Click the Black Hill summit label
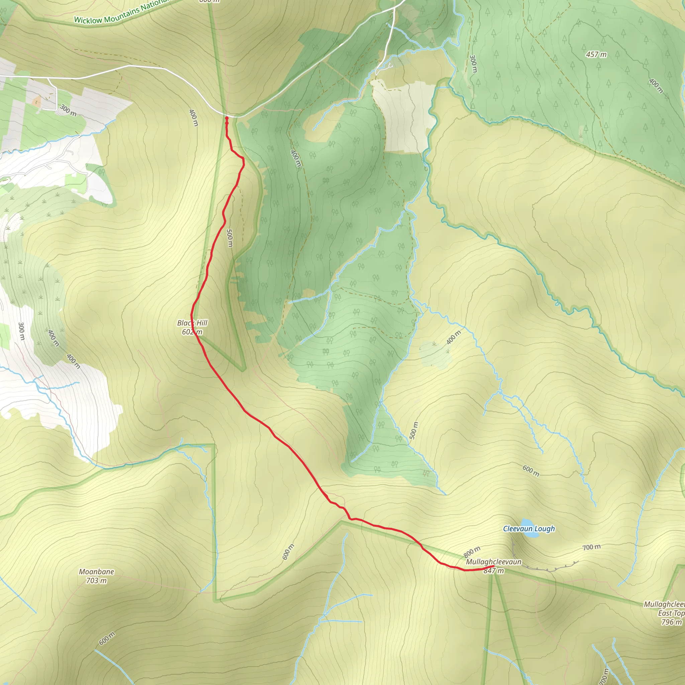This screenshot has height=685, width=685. (192, 323)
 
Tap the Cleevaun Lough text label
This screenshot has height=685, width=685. (529, 529)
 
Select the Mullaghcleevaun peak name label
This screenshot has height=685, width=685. (494, 562)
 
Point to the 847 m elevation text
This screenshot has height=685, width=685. (494, 571)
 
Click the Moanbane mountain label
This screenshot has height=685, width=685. (96, 572)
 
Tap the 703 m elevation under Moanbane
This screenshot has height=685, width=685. (96, 580)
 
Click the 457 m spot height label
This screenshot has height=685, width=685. (596, 55)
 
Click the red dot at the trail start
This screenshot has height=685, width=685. (226, 118)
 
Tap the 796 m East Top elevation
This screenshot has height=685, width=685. (672, 622)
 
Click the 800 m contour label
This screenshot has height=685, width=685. (472, 552)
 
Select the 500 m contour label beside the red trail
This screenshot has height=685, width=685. (230, 238)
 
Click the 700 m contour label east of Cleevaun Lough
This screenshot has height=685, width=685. (591, 547)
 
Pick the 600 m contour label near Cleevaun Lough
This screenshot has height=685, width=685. (531, 471)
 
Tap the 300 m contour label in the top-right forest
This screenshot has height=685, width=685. (473, 64)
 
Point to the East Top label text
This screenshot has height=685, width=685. (671, 613)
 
